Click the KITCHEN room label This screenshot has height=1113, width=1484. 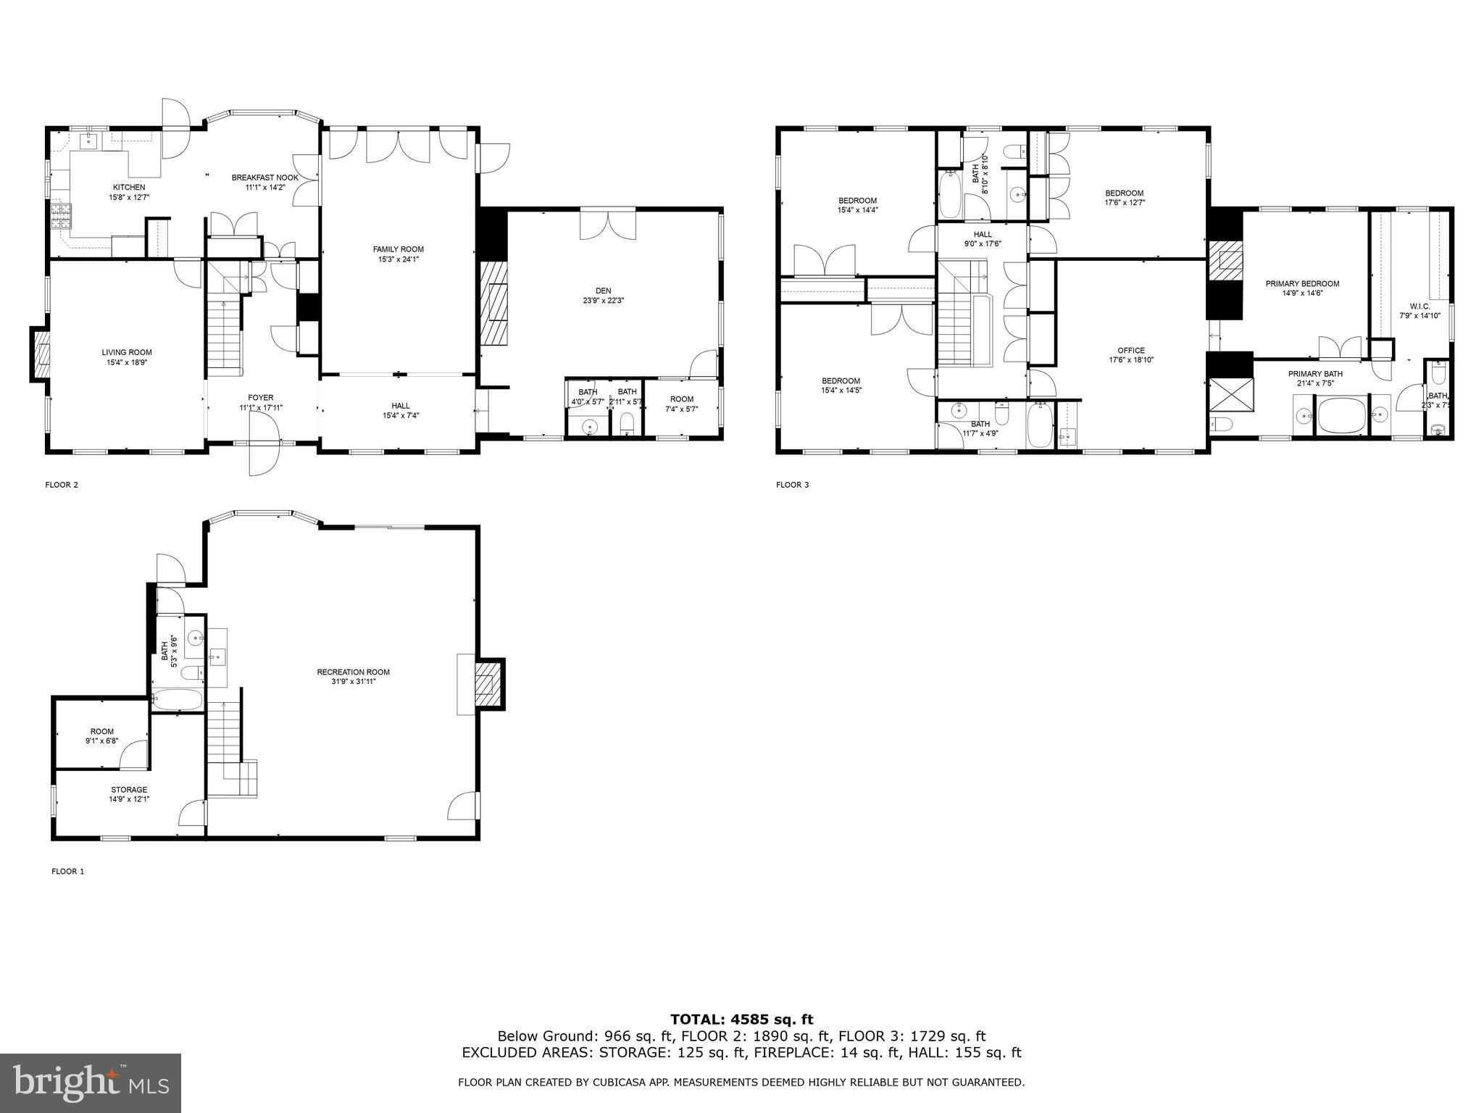pyautogui.click(x=129, y=187)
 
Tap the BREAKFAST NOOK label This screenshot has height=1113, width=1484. pyautogui.click(x=264, y=178)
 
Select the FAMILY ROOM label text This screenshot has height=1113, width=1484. pyautogui.click(x=398, y=249)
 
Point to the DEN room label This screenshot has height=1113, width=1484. pyautogui.click(x=604, y=291)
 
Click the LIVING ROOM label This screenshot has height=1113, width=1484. pyautogui.click(x=127, y=352)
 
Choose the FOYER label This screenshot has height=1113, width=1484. pyautogui.click(x=261, y=398)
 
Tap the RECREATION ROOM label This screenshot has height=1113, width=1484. pyautogui.click(x=354, y=672)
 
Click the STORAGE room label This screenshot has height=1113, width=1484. pyautogui.click(x=129, y=790)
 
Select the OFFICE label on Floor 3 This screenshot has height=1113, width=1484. pyautogui.click(x=1131, y=351)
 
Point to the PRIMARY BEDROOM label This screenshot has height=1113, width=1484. pyautogui.click(x=1302, y=283)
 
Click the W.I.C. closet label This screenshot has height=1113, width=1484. pyautogui.click(x=1420, y=306)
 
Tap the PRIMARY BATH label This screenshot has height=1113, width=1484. pyautogui.click(x=1315, y=374)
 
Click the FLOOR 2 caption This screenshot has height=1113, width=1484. pyautogui.click(x=62, y=485)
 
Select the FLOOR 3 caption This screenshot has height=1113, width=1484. pyautogui.click(x=792, y=485)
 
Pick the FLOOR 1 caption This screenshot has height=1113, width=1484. pyautogui.click(x=67, y=871)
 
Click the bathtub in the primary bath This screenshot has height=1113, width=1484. pyautogui.click(x=1341, y=416)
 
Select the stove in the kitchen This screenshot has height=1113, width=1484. pyautogui.click(x=61, y=215)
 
